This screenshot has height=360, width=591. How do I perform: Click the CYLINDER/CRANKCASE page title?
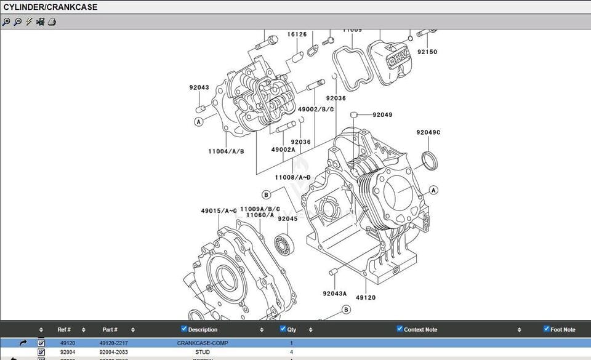[x=50, y=7]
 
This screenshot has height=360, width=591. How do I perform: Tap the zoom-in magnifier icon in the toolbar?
[x=6, y=22]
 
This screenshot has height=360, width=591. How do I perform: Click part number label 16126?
[x=297, y=34]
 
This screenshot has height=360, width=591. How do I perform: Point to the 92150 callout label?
[x=427, y=52]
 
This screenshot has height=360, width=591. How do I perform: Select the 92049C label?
[x=428, y=132]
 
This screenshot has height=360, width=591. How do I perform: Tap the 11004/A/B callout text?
[x=226, y=151]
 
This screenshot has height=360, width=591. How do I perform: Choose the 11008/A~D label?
[x=292, y=177]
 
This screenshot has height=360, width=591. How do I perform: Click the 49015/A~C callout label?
[x=219, y=211]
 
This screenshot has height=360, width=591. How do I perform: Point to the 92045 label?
[x=287, y=218]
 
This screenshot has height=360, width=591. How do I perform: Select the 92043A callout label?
[x=335, y=294]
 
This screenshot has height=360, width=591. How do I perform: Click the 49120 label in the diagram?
[x=366, y=297]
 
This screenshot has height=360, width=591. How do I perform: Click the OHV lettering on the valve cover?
[x=395, y=58]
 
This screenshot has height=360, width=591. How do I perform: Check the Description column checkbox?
[x=184, y=329]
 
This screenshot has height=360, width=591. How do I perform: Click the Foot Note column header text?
[x=563, y=330]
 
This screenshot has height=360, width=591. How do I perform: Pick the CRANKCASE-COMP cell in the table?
[x=202, y=343]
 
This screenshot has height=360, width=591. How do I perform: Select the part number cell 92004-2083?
[x=114, y=352]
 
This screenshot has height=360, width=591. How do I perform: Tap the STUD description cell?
[x=202, y=352]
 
